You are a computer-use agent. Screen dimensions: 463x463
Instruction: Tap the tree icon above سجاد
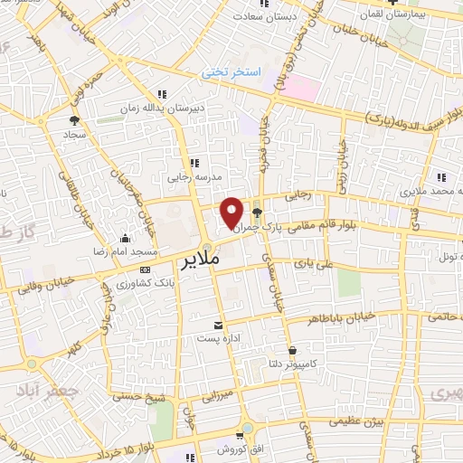click(x=74, y=118)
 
